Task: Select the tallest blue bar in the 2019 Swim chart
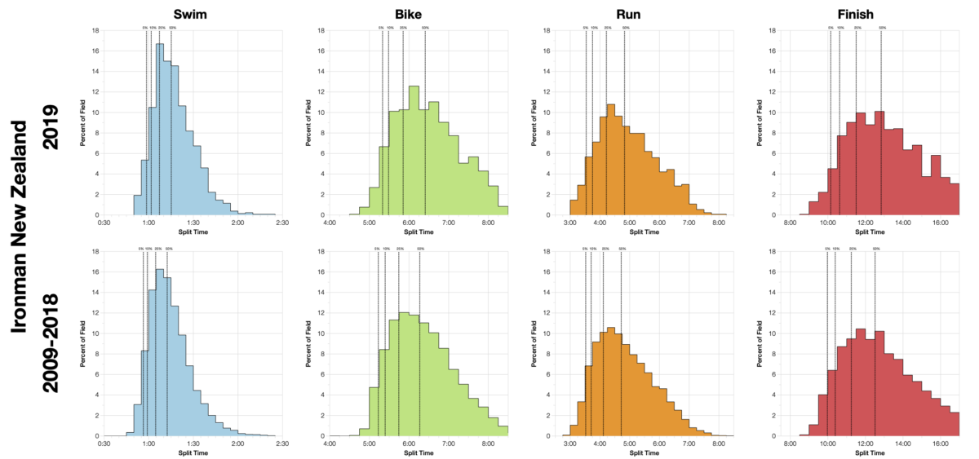pyautogui.click(x=161, y=130)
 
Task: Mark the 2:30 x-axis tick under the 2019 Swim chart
pyautogui.click(x=281, y=222)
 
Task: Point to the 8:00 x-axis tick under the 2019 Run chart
pyautogui.click(x=719, y=222)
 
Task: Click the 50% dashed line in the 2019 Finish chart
pyautogui.click(x=881, y=122)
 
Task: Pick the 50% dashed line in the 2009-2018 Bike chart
pyautogui.click(x=419, y=342)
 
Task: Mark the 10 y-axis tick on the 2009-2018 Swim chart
pyautogui.click(x=96, y=333)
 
